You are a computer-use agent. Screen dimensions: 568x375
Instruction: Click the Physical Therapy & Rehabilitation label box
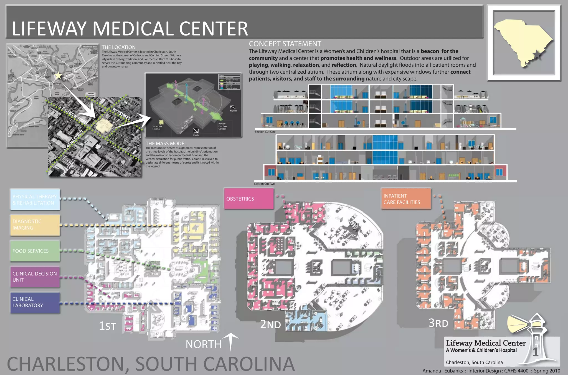(x=35, y=199)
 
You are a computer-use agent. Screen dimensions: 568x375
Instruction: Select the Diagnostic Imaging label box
(x=35, y=225)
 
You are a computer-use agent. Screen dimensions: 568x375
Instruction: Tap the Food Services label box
(x=35, y=251)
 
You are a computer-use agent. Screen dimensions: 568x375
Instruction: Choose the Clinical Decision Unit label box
(x=35, y=277)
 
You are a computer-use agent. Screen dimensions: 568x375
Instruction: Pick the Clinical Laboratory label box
(x=35, y=302)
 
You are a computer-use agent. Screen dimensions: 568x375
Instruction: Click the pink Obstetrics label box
(x=248, y=199)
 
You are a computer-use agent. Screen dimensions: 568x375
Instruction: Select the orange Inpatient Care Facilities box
(x=406, y=199)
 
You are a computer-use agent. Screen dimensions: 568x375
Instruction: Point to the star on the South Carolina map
(x=537, y=55)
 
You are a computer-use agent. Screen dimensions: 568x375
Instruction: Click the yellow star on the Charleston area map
(x=58, y=75)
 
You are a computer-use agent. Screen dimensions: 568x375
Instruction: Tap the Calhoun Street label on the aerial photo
(x=75, y=116)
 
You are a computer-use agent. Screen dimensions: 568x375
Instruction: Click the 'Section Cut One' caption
(x=265, y=132)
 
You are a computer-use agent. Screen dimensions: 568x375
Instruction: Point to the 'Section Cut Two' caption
(x=264, y=184)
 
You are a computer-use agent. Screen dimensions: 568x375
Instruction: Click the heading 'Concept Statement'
(x=285, y=44)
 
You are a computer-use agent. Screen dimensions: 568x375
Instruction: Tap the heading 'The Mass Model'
(x=166, y=143)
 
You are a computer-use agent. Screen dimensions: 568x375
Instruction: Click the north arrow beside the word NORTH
(x=231, y=342)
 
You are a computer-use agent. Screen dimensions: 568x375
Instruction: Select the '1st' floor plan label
(x=107, y=326)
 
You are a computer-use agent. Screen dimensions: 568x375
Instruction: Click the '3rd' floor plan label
(x=438, y=323)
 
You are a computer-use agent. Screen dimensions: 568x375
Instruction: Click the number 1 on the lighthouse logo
(x=536, y=352)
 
